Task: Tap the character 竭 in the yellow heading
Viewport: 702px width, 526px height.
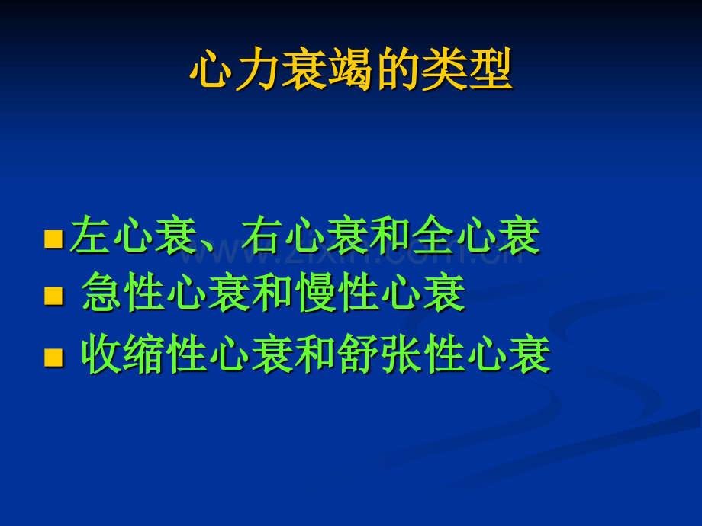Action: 350,69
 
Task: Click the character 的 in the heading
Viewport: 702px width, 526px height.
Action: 397,69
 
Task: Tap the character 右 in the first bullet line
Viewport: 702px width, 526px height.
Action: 261,235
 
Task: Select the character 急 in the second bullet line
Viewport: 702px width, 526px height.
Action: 101,291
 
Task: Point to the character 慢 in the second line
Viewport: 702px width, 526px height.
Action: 317,291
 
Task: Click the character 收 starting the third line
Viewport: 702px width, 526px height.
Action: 101,354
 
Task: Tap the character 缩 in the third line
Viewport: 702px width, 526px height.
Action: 143,354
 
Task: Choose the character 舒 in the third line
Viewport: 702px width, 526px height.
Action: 359,354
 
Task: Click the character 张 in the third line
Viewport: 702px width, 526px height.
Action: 401,354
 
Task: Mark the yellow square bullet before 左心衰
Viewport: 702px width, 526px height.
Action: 53,239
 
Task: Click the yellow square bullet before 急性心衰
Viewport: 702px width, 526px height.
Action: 53,296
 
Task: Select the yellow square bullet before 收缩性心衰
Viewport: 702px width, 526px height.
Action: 53,358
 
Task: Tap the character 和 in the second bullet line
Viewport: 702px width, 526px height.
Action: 273,291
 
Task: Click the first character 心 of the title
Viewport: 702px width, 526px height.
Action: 212,69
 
